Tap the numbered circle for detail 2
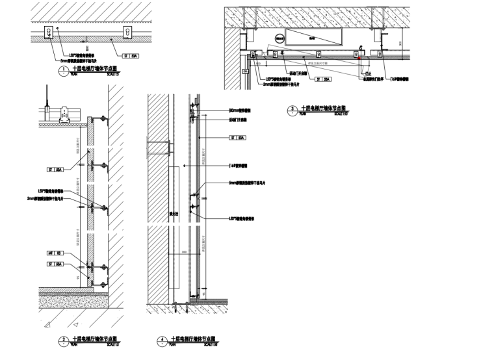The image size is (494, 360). click(63, 339)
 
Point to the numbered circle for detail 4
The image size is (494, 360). click(161, 339)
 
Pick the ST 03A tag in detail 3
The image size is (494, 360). click(322, 79)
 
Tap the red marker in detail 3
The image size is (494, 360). click(358, 57)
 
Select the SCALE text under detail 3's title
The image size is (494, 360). click(341, 113)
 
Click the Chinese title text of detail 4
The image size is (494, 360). click(192, 338)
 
